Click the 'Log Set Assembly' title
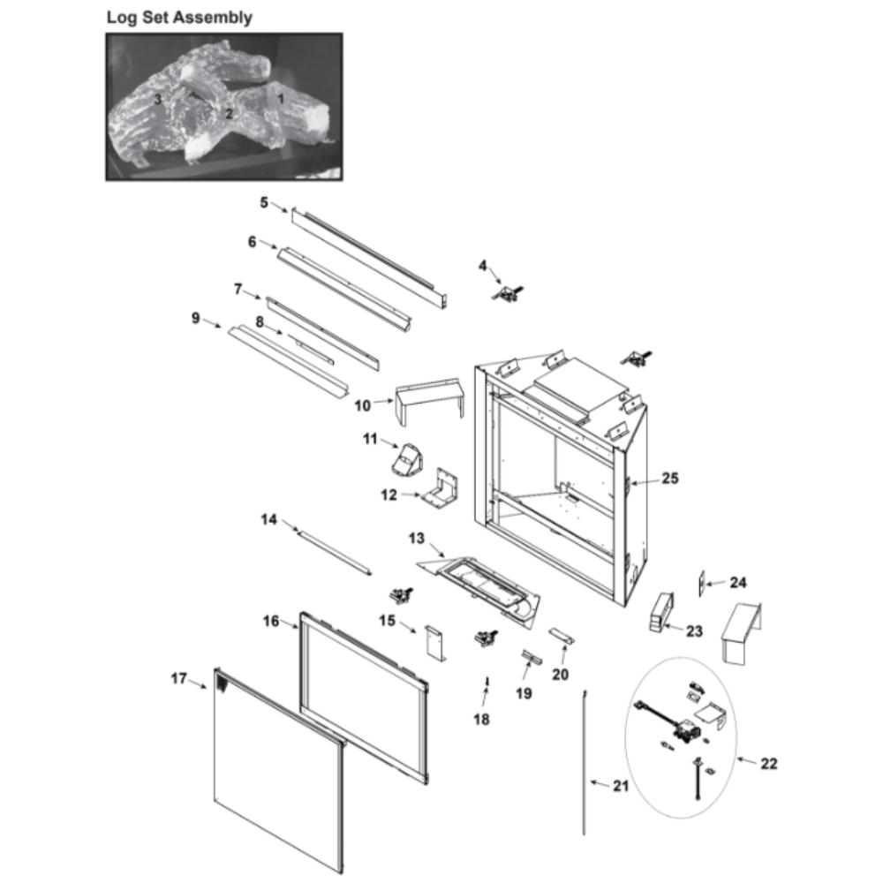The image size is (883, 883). click(x=179, y=18)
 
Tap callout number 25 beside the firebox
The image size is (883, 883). click(x=670, y=478)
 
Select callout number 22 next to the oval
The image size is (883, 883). click(x=769, y=764)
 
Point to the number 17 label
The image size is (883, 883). click(x=179, y=678)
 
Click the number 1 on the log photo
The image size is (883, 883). click(x=281, y=99)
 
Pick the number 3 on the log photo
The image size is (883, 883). click(x=158, y=99)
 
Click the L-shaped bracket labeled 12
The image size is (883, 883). click(x=441, y=487)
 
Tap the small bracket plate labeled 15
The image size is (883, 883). click(x=435, y=643)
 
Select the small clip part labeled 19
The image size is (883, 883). click(x=532, y=657)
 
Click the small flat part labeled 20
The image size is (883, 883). click(x=562, y=636)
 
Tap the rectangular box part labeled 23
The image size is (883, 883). click(x=662, y=612)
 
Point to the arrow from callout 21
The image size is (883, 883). click(x=600, y=783)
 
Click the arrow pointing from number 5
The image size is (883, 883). click(x=279, y=207)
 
